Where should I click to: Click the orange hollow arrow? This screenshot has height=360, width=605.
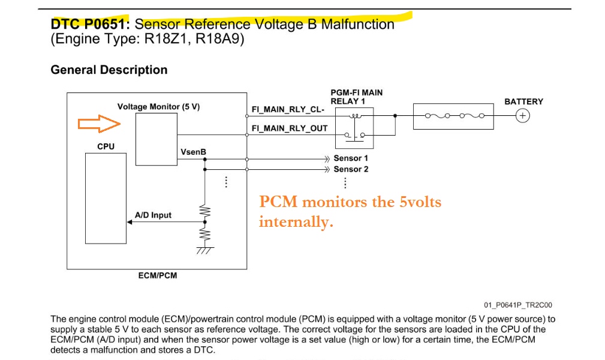coord(100,124)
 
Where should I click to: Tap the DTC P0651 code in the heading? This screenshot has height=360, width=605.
coord(90,25)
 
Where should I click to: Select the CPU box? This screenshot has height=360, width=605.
coord(106,197)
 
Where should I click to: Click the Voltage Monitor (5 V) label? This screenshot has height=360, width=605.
coord(158,107)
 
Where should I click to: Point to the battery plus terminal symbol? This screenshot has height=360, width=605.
coord(523,116)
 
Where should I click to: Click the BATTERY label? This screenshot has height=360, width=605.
coord(523,101)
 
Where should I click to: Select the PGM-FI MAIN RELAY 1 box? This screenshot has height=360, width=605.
coord(354,128)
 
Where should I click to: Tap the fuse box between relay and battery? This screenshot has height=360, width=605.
coord(453,116)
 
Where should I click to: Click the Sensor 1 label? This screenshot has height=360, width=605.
coord(351,158)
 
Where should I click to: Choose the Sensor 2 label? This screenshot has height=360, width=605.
coord(351,169)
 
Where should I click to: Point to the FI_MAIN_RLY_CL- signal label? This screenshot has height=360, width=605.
coord(288,111)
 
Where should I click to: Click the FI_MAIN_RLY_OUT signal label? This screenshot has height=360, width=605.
coord(290,128)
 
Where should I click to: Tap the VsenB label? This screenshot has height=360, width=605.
coord(193,152)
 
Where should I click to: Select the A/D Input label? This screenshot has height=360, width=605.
coord(153,215)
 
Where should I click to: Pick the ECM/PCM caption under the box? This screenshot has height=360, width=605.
coord(158,276)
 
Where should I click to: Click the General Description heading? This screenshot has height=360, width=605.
coord(109,70)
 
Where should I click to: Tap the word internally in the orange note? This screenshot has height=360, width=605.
coord(296,222)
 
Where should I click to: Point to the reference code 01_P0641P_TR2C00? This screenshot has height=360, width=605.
coord(518,305)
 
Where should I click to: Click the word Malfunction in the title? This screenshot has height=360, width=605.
coord(357,25)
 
